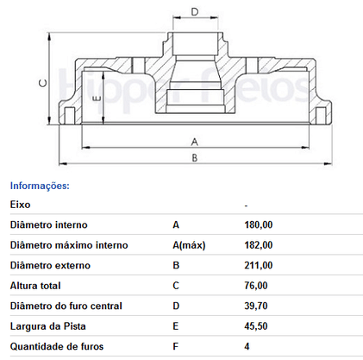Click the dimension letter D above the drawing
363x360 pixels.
tap(195, 12)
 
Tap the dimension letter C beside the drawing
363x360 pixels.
tap(43, 84)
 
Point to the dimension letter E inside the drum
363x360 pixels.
tap(97, 98)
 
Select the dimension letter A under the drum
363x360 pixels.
tap(195, 142)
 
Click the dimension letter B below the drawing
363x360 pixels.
tap(195, 158)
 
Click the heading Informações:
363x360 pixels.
tap(40, 186)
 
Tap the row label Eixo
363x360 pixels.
tap(20, 205)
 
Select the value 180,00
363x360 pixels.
tap(259, 224)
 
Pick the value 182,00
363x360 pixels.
tap(259, 245)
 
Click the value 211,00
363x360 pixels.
tap(259, 265)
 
